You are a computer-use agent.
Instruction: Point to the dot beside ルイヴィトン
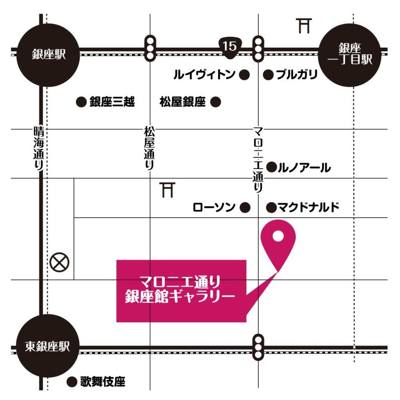pos(244,75)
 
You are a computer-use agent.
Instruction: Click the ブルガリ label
pos(296,75)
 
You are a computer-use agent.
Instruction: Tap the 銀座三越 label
pos(112,102)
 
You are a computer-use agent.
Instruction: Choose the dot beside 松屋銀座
pos(216,102)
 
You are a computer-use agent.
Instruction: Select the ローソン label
pos(214,207)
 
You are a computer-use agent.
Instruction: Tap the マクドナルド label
pos(308,207)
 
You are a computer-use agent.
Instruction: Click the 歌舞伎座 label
pos(103,381)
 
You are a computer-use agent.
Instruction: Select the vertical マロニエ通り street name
pos(258,158)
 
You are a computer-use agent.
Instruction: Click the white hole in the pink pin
pos(278,236)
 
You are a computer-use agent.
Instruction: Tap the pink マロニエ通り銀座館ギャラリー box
pos(181,291)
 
